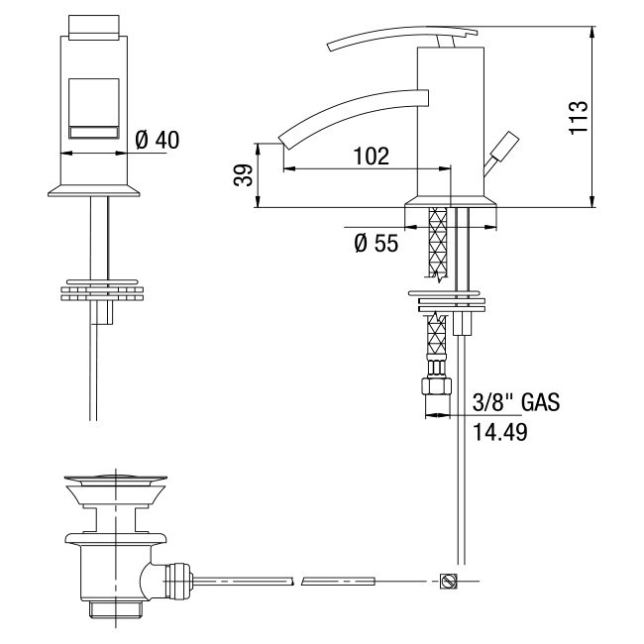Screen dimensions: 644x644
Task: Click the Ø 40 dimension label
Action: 158,140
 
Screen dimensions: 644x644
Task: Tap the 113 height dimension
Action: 579,116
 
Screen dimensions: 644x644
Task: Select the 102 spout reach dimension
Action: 371,157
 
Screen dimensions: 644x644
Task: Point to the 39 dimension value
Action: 243,175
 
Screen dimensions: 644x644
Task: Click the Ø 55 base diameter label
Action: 376,243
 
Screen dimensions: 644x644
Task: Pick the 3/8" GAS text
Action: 516,402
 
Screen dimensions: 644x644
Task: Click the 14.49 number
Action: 499,432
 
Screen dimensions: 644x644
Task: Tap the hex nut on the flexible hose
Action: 436,386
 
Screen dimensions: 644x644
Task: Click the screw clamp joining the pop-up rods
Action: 448,582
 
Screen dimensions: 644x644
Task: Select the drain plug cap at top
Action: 115,480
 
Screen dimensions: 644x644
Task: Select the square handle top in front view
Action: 94,28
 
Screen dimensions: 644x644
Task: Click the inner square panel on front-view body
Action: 94,108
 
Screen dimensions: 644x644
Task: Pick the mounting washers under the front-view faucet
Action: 102,290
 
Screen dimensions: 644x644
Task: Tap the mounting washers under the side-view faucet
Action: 447,301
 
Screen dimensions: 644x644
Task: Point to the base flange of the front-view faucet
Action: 94,190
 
